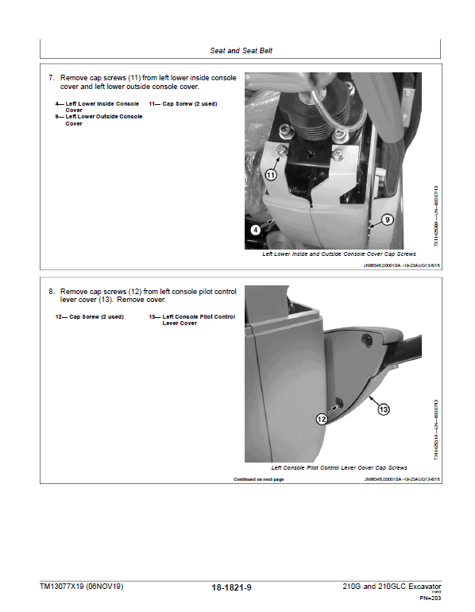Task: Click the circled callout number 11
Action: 271,174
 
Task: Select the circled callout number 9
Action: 388,219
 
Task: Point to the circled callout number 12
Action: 322,418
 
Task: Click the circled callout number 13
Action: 383,409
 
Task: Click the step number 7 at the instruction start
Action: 52,78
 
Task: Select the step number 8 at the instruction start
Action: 52,292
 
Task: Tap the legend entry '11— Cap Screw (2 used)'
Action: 183,104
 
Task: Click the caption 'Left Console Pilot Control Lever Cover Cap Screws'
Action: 339,468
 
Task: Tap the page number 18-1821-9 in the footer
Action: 237,588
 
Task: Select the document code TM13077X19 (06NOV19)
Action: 82,587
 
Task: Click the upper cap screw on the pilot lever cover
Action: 366,342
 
